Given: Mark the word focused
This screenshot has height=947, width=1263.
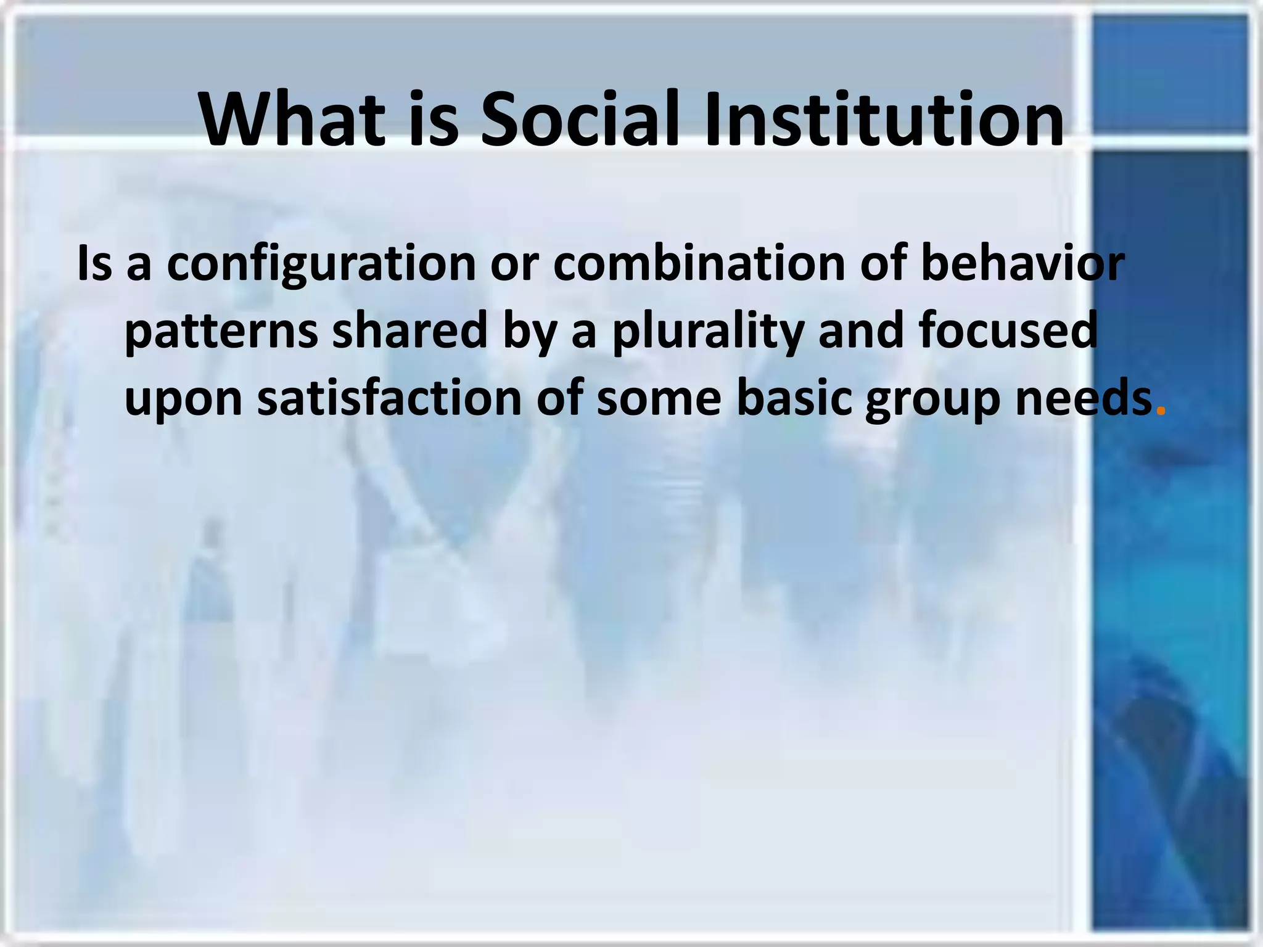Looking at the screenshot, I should [x=1008, y=330].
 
